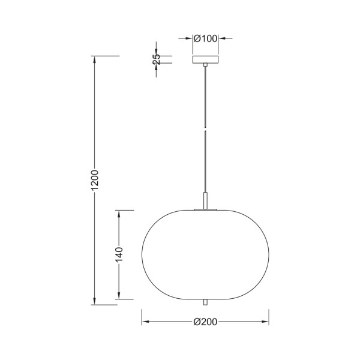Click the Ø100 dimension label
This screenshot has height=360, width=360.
coord(205,38)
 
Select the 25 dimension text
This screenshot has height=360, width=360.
coord(157,59)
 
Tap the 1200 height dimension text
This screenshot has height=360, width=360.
coord(94,181)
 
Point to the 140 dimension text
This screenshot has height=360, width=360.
coord(119,254)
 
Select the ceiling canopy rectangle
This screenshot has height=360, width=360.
coord(205,59)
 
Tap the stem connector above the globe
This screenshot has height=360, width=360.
coord(205,200)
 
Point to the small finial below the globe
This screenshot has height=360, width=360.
coord(205,301)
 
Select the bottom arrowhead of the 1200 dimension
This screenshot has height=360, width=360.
coord(94,301)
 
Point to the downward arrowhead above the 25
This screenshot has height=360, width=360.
coord(157,52)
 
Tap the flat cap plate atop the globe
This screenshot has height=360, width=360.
coord(205,209)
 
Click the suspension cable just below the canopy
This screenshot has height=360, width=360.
coord(205,75)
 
